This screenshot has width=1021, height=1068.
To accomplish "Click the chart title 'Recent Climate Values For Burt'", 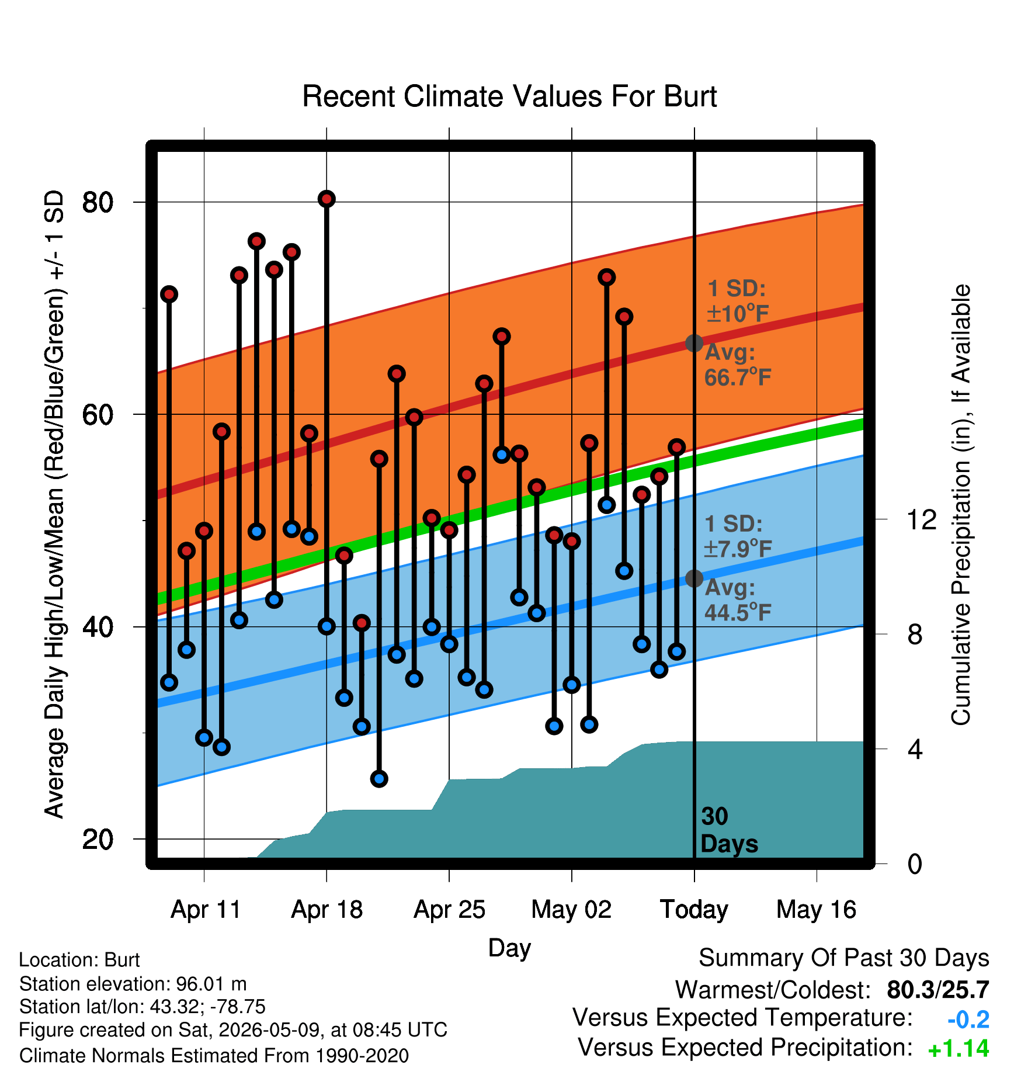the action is point(509,96).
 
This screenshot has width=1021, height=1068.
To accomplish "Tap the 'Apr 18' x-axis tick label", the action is point(327,910).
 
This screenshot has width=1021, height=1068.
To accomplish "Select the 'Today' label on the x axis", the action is point(694,910).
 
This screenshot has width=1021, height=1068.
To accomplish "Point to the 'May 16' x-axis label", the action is point(816,910).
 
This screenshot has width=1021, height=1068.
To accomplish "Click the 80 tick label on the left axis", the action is point(98,202).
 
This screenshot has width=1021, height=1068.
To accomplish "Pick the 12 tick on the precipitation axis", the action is point(921,519).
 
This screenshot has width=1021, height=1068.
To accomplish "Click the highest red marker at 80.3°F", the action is point(327,199).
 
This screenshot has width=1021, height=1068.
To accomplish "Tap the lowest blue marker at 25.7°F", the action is point(379,779).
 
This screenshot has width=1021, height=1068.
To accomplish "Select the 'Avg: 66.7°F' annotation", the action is point(738,365).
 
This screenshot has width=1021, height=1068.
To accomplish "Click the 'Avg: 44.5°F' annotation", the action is point(738,600).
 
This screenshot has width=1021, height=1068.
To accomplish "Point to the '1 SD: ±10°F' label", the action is point(738,301).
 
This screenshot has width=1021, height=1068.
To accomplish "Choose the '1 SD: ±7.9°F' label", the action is point(738,536).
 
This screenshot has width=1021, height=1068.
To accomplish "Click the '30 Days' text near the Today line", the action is point(729,830).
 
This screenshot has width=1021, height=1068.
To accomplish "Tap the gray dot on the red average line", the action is point(694,343).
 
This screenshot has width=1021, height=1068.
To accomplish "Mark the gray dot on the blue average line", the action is point(694,578).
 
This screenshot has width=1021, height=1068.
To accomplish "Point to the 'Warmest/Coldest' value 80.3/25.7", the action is point(938,990).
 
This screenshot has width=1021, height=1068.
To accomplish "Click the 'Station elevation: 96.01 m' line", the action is point(133,984).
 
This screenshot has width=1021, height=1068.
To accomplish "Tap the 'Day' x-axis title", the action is point(509,948).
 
